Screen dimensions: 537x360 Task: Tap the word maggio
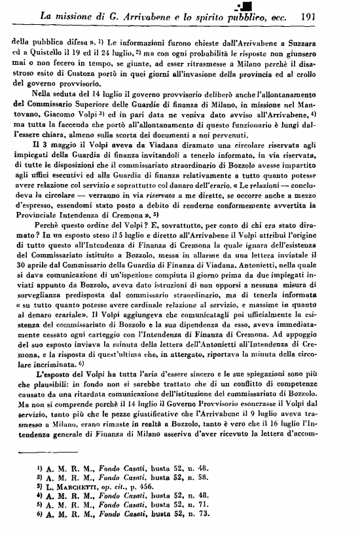[62, 143]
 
